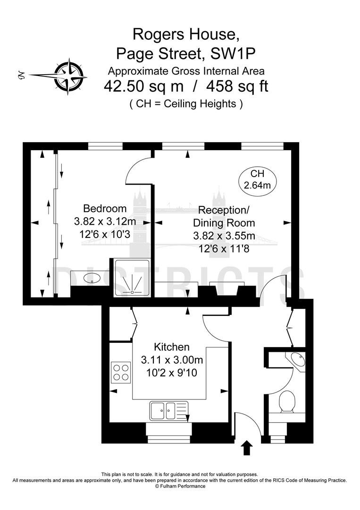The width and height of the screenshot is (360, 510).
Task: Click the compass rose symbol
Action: click(70, 76)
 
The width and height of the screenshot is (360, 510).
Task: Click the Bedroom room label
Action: click(105, 208)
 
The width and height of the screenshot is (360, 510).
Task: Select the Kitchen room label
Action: click(172, 347)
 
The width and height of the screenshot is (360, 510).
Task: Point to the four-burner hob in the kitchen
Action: click(121, 373)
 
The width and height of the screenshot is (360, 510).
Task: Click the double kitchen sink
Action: click(169, 410)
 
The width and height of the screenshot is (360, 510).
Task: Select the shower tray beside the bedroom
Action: click(132, 278)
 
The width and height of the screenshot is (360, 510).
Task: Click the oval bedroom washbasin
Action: click(92, 279)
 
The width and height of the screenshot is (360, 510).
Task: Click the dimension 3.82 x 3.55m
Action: click(224, 236)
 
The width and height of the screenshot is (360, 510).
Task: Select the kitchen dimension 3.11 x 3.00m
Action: click(172, 360)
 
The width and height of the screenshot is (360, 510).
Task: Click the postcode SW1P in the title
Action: click(232, 54)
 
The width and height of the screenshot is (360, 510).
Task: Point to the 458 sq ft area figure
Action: click(237, 86)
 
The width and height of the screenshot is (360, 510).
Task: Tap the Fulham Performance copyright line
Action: click(180, 486)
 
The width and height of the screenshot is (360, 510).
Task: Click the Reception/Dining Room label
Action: click(224, 216)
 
